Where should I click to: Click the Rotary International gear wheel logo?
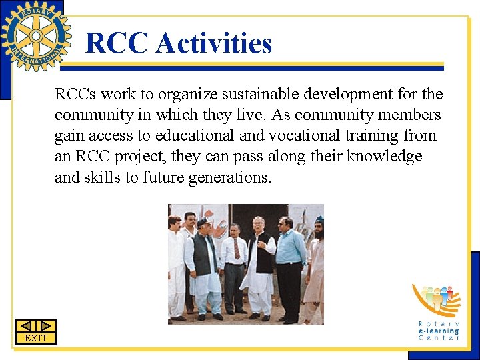click(x=35, y=35)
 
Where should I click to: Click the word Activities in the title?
click(x=214, y=44)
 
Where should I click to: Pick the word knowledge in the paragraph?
click(x=385, y=156)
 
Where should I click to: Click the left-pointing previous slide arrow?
click(x=25, y=326)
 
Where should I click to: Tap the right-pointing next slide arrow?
click(x=46, y=326)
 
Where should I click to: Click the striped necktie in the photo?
click(x=237, y=249)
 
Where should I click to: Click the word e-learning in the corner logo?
click(x=439, y=331)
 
